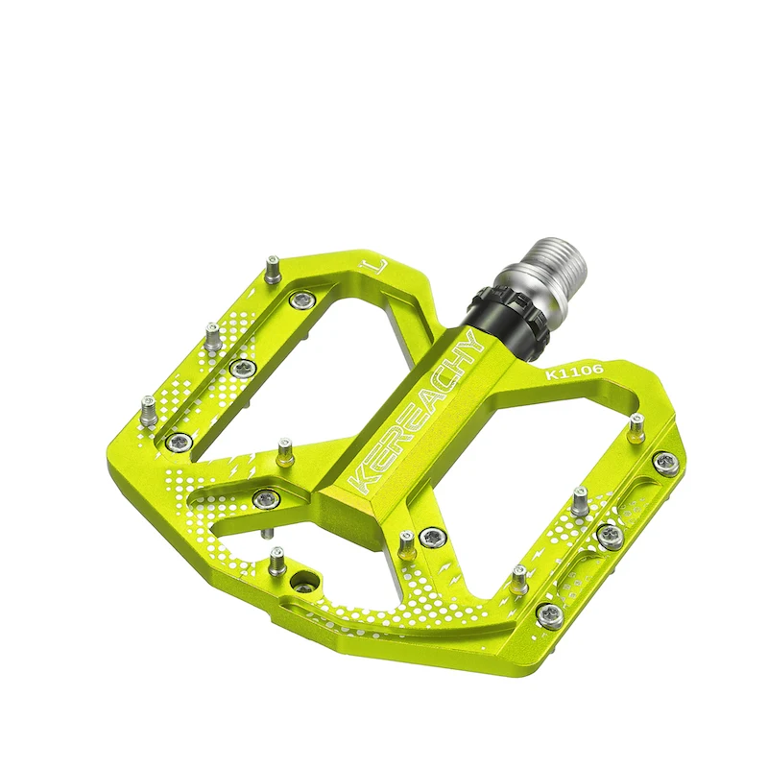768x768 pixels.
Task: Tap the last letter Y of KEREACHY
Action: pos(469,344)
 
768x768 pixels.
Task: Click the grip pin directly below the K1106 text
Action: pos(636,426)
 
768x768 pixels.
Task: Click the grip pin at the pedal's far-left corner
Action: pos(149,410)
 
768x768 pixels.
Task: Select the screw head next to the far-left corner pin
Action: pos(180,442)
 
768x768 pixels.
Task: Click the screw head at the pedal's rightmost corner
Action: pos(664,462)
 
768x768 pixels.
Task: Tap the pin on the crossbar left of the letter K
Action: pos(285,449)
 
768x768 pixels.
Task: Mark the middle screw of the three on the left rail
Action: pos(242,367)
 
